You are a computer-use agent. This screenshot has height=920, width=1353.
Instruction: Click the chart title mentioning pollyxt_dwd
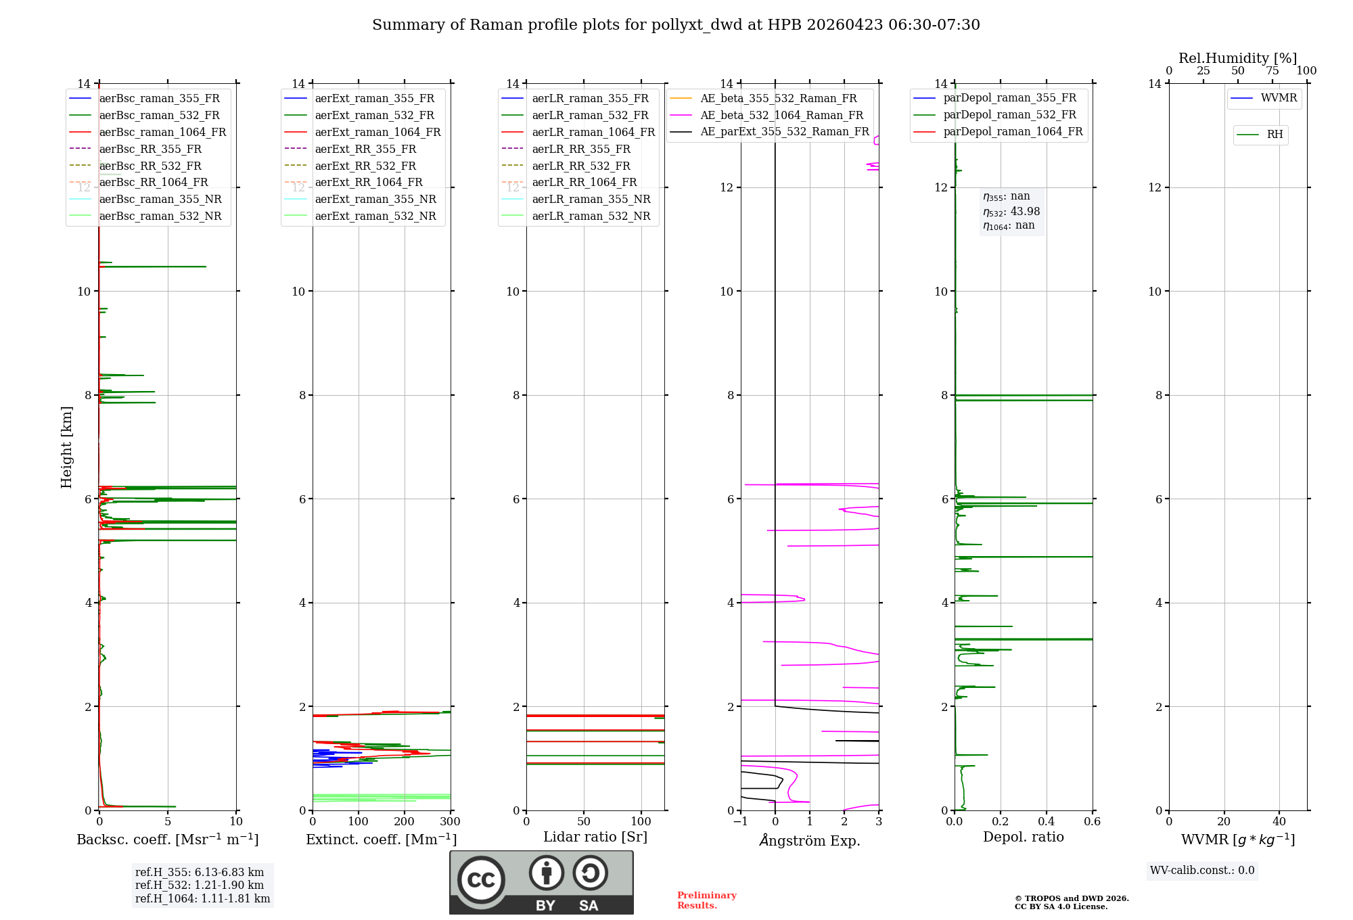point(676,25)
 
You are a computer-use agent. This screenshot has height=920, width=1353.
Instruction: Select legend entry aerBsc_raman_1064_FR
point(162,133)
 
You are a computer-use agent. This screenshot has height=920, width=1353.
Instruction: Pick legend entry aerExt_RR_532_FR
point(365,166)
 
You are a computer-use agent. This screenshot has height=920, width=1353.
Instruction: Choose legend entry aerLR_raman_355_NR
point(591,200)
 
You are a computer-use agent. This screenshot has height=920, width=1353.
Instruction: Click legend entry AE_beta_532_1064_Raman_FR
point(781,116)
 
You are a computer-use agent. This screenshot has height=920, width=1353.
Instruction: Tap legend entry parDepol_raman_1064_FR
point(1013,132)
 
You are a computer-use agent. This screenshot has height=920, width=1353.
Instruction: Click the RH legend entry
point(1275,135)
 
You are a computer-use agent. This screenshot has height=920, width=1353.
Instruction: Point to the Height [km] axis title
point(66,447)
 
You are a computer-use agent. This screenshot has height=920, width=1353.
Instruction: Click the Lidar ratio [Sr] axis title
point(595,837)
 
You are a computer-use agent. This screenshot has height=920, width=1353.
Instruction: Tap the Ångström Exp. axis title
point(810,841)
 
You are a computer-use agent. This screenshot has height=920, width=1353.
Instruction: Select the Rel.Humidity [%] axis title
point(1237,59)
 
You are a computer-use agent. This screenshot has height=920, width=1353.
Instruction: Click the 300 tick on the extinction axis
point(451,822)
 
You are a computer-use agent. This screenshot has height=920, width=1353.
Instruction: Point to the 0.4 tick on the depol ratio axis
point(1047,822)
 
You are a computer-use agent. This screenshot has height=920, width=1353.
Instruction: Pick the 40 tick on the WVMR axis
point(1279,822)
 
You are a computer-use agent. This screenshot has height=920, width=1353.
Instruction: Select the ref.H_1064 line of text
point(202,899)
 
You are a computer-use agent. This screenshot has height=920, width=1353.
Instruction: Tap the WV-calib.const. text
point(1202,871)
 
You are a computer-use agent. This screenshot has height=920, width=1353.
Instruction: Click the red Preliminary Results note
point(706,900)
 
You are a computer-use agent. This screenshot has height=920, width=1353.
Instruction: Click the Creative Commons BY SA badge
point(541,882)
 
